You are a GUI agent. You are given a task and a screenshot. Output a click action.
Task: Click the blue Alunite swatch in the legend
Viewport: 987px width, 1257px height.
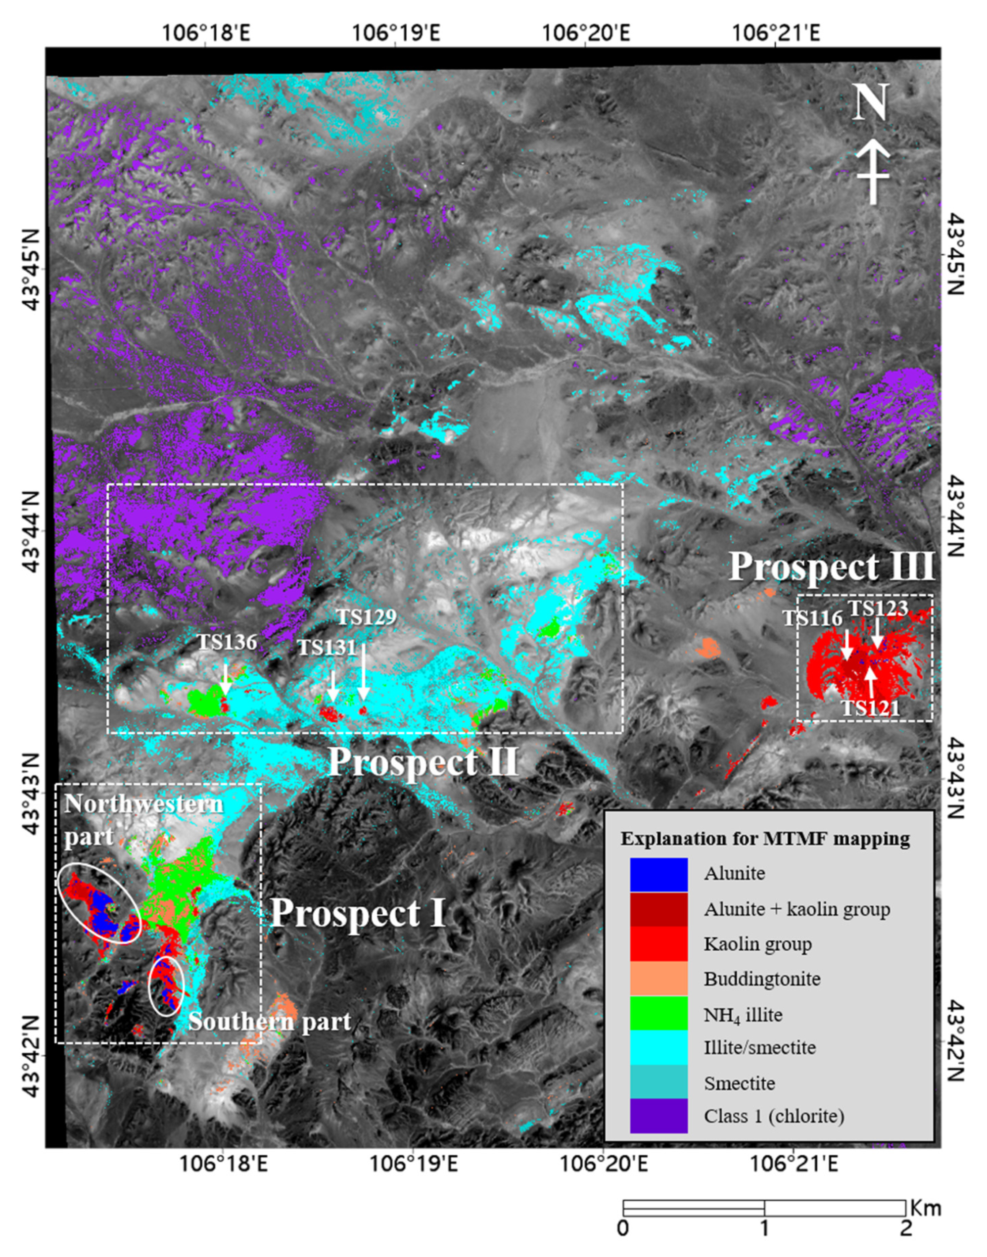(659, 874)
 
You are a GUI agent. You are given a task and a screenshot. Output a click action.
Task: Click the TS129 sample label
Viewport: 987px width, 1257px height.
(367, 617)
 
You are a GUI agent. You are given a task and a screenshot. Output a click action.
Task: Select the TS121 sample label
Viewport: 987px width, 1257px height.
(870, 708)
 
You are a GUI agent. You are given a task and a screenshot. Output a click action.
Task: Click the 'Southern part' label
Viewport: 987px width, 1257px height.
(270, 1022)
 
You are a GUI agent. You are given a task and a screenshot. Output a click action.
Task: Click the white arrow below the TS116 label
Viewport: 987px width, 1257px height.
(847, 644)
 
